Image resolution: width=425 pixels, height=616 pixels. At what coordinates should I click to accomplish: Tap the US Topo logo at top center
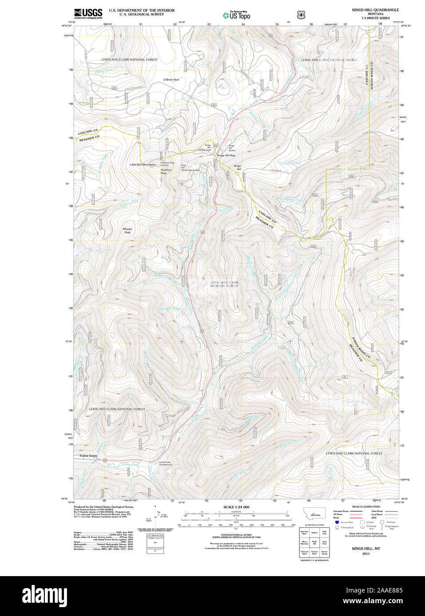coord(236,16)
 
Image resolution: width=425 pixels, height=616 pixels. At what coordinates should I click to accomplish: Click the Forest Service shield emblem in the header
coord(301,15)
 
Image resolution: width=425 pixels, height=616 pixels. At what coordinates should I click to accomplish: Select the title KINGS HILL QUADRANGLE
coord(375,10)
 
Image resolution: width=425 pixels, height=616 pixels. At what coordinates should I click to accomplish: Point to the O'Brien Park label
coord(171,80)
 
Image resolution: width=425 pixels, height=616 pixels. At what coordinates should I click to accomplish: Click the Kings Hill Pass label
coord(226,156)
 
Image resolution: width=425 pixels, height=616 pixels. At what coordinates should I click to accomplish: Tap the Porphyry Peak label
coord(166,171)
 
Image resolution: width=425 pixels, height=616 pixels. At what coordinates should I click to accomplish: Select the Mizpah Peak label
coord(127,230)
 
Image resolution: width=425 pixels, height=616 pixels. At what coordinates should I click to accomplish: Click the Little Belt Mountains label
coord(143,164)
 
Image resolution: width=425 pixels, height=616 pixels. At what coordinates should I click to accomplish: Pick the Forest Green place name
coord(88,456)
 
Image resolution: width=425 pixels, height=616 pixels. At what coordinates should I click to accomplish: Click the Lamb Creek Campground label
coord(165,463)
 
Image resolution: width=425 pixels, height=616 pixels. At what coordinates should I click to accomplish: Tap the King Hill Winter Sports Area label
coord(189,168)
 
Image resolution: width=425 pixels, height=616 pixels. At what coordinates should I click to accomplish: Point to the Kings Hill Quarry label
coord(232,148)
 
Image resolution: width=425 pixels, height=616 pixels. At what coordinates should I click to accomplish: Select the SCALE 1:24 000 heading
coord(236,507)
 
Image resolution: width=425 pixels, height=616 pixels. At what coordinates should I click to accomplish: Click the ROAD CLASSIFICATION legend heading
coord(366,507)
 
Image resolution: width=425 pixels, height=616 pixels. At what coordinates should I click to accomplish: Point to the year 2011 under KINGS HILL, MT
coord(366,554)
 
